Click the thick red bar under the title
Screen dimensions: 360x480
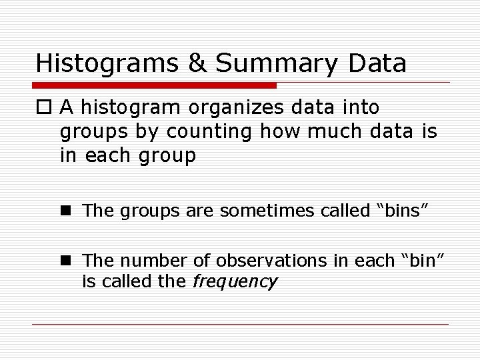click(155, 86)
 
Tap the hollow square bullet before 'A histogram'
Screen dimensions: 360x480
click(45, 107)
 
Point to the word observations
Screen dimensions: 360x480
click(260, 259)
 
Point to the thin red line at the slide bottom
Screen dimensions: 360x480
click(240, 325)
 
